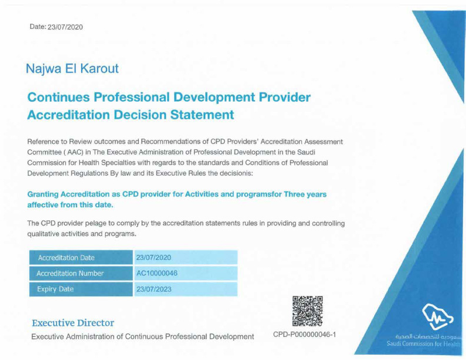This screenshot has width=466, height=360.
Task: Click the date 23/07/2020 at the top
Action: (x=65, y=27)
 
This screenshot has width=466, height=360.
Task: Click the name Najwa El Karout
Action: (x=72, y=69)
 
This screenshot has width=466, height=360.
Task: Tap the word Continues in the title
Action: (x=59, y=97)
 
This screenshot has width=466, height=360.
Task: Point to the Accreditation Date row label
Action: (x=66, y=258)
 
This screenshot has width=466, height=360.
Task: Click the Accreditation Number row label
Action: (x=70, y=274)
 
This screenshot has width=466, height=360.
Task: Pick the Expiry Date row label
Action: (x=55, y=289)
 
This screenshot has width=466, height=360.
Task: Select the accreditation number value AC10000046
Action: (x=157, y=274)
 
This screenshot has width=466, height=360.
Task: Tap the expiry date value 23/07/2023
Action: (x=154, y=289)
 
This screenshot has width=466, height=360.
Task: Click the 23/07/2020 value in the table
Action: (x=154, y=258)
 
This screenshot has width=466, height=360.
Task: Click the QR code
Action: (x=307, y=311)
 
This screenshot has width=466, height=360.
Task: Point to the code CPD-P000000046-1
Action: (x=305, y=335)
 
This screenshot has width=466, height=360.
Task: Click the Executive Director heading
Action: (x=73, y=323)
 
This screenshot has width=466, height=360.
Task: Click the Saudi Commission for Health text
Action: (x=423, y=344)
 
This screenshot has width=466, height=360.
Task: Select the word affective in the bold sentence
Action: (x=43, y=205)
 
